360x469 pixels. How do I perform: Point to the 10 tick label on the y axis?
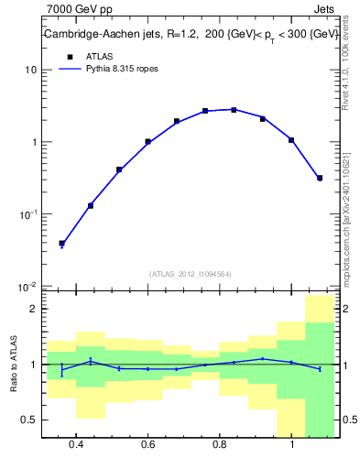tap(31, 71)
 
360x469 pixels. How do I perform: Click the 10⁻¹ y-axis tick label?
tap(28, 213)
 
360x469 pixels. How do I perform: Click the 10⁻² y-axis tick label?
tap(28, 286)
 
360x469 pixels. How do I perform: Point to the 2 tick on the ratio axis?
tap(34, 310)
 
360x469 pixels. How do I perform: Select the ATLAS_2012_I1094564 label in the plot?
tap(190, 273)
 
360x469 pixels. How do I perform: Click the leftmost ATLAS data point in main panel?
tap(61, 244)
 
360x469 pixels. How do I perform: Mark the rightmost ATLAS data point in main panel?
tap(319, 178)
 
